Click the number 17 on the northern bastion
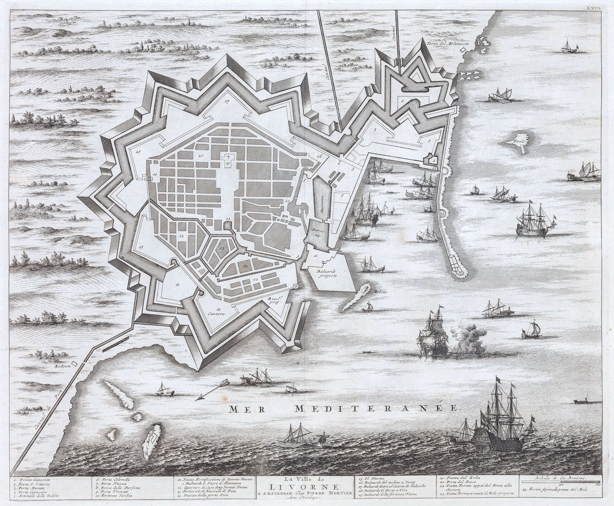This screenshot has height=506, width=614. point(226,102)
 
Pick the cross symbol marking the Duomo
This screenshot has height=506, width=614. point(228,158)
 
